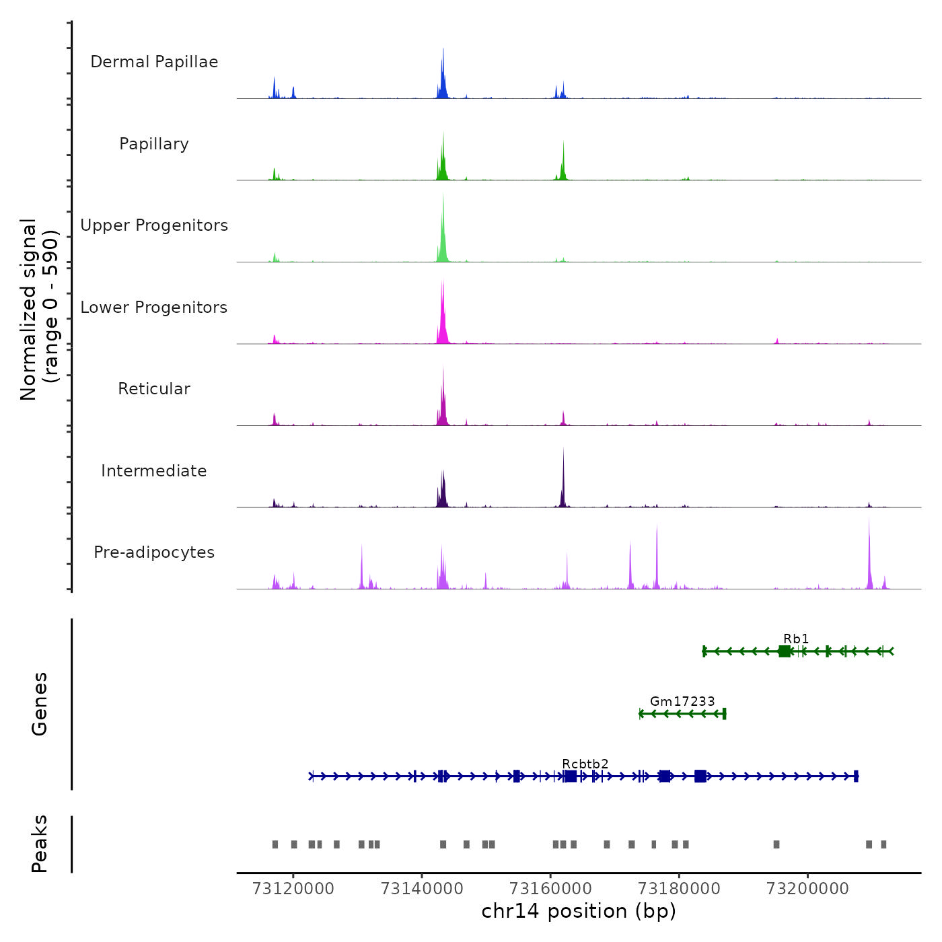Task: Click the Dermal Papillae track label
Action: click(154, 62)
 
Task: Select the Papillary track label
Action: click(154, 144)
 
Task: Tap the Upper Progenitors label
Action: click(154, 225)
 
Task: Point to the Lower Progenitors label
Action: click(154, 307)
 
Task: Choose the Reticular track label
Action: click(154, 389)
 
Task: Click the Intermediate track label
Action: click(154, 471)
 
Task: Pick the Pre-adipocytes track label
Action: click(154, 552)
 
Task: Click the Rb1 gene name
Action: click(796, 639)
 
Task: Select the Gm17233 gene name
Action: click(682, 701)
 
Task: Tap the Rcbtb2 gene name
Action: click(585, 764)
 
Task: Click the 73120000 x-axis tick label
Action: click(293, 889)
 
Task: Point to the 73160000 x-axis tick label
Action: click(550, 889)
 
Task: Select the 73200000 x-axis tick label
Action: click(808, 889)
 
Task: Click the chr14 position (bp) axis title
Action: click(579, 911)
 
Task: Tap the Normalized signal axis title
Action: click(39, 310)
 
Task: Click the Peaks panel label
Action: click(40, 844)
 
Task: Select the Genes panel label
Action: click(40, 704)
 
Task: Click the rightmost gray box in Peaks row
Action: click(883, 844)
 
